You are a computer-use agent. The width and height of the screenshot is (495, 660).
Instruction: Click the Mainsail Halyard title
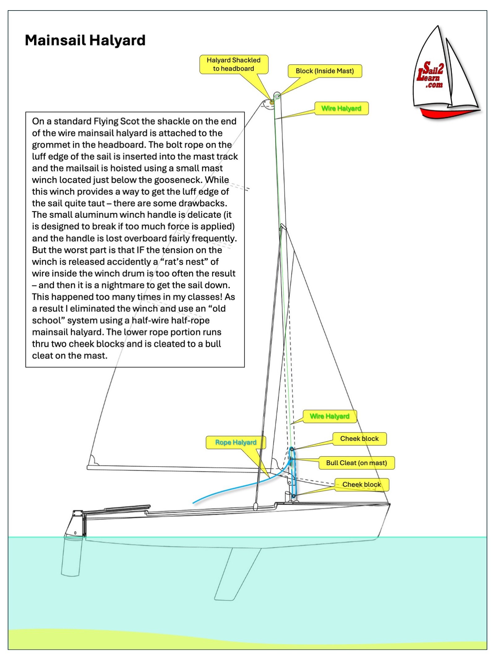tap(85, 41)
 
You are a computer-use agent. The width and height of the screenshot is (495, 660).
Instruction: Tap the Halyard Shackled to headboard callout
tap(234, 64)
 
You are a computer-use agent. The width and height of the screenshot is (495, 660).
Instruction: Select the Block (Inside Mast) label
tap(325, 71)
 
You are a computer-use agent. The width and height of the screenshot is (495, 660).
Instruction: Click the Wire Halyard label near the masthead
tap(341, 108)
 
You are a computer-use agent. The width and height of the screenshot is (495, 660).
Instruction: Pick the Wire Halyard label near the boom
tap(329, 416)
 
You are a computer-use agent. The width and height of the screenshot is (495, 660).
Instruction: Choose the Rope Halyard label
tap(236, 442)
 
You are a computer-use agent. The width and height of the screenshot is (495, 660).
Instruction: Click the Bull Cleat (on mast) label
tap(356, 463)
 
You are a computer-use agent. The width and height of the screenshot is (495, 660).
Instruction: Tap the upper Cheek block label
tap(359, 438)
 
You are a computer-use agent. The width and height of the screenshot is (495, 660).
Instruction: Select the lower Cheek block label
tap(361, 485)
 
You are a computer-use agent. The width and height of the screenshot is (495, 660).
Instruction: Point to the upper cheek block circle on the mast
tap(291, 449)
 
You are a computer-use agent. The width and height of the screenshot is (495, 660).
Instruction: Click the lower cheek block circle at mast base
tap(294, 496)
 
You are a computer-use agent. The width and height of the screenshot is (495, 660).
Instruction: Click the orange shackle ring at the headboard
tap(272, 102)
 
